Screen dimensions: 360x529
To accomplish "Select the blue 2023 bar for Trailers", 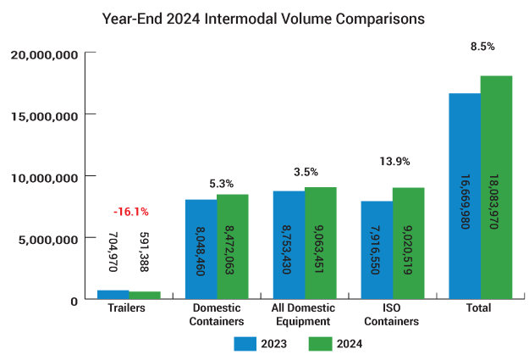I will click(113, 295).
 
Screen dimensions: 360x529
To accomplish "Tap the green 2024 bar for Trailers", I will click(144, 296).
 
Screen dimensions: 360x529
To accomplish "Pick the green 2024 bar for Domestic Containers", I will click(232, 246).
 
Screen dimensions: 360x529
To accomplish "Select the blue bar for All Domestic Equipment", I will click(289, 245).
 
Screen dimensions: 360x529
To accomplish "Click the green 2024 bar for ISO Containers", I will click(408, 243).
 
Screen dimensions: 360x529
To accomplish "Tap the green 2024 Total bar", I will click(496, 187).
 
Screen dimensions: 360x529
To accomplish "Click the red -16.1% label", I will click(130, 213).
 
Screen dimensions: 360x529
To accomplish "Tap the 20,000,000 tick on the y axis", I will click(46, 54).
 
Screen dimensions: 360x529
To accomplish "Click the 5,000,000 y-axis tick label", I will click(49, 238).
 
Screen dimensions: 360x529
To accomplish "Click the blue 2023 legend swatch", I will click(245, 343).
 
